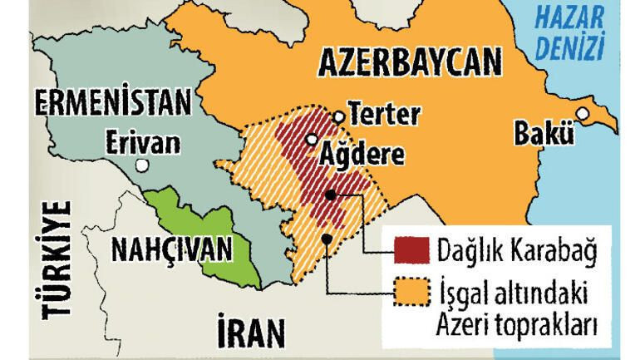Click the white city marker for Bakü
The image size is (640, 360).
[x=583, y=113]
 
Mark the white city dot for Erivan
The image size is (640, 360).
[x=144, y=166]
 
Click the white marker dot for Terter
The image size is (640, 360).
[x=338, y=117]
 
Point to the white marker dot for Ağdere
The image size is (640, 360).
[x=311, y=140]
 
